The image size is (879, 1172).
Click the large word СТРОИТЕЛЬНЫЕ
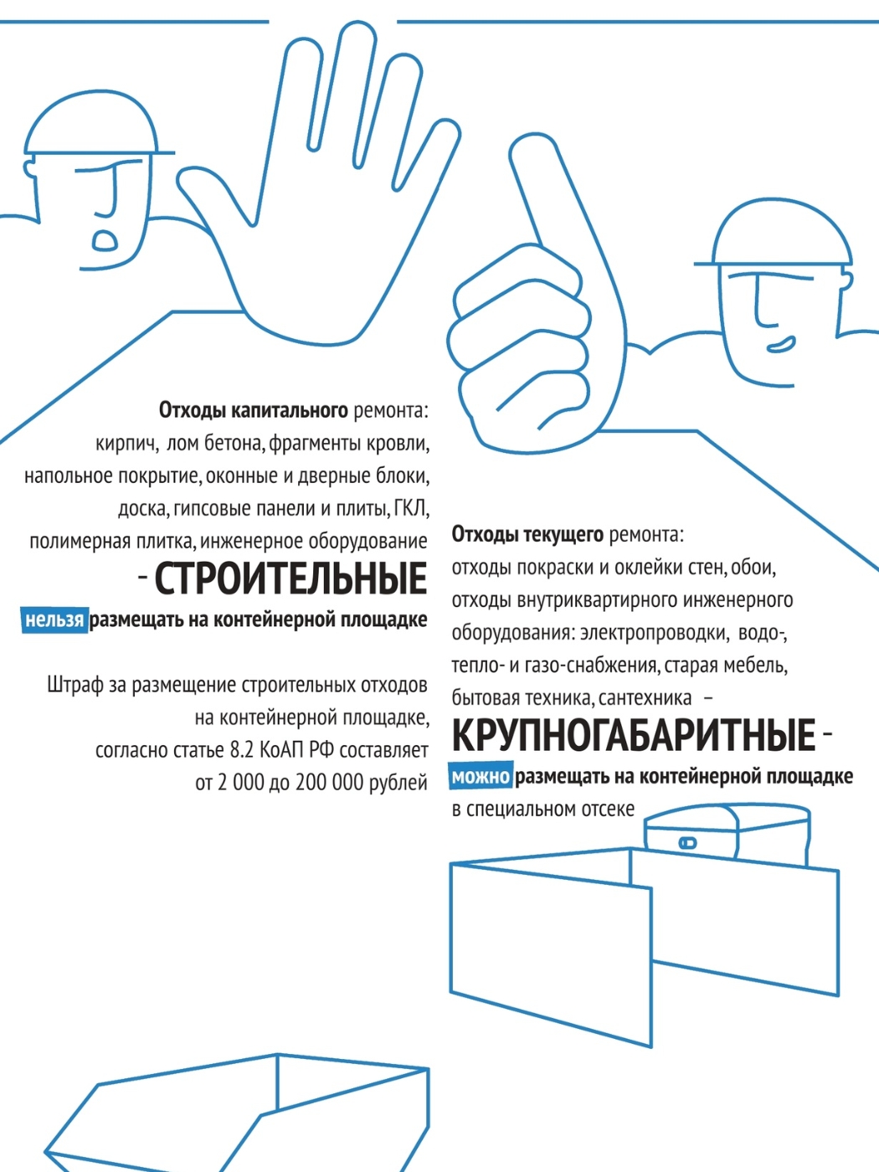click(x=290, y=578)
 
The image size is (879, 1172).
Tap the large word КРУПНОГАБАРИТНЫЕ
click(x=634, y=735)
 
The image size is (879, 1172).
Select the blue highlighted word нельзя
click(x=54, y=620)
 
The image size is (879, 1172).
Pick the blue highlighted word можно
click(x=481, y=776)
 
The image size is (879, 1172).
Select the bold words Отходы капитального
click(x=254, y=411)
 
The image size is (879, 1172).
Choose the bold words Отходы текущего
click(x=528, y=534)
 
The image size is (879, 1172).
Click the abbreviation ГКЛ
click(x=412, y=508)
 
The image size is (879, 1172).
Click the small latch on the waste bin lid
click(x=687, y=842)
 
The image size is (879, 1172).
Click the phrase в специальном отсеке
click(x=543, y=810)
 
